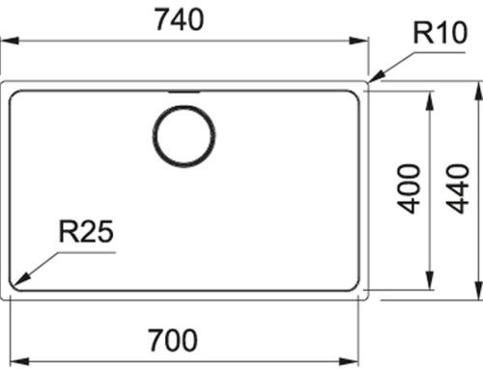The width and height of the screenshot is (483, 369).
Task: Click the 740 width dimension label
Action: point(180,20)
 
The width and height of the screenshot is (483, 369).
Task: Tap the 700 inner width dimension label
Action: point(173,340)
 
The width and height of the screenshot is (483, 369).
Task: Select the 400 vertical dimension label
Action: point(409,189)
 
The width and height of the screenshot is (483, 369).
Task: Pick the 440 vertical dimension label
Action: point(457,189)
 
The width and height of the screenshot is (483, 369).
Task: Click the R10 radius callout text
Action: point(440,33)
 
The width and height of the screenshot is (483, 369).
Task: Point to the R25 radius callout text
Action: point(86,231)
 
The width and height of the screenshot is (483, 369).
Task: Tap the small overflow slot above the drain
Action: point(184,92)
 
